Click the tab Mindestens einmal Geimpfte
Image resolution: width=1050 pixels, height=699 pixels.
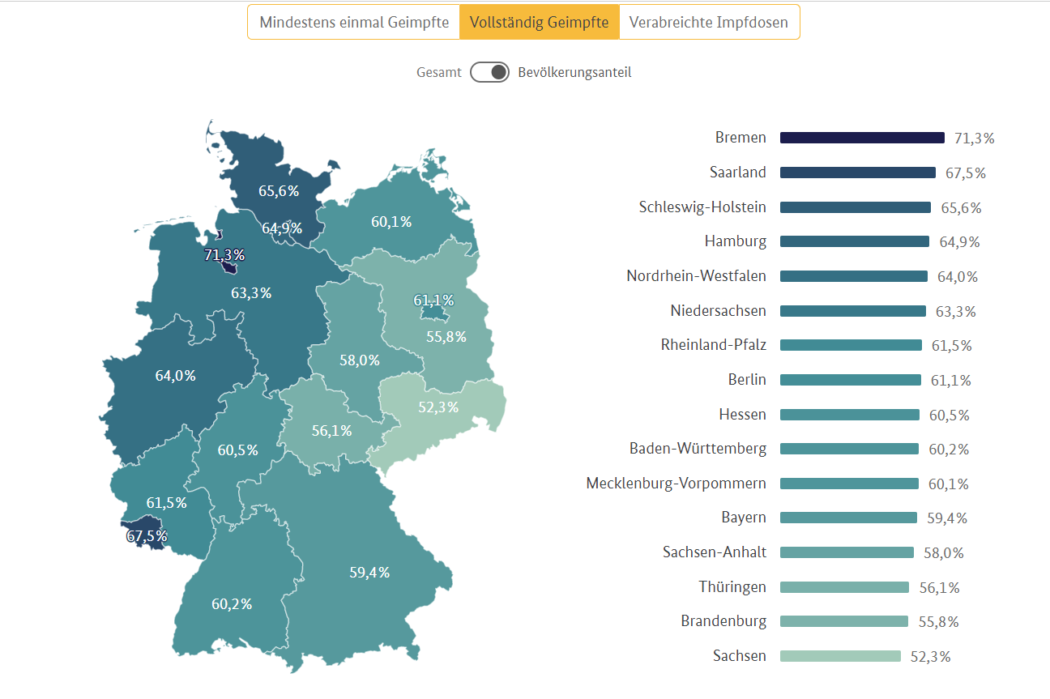[x=354, y=23]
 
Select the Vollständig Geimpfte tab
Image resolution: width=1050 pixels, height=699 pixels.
[x=539, y=23]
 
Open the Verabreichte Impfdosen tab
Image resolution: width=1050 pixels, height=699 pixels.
[x=709, y=23]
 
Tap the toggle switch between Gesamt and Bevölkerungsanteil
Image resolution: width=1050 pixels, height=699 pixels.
[x=489, y=72]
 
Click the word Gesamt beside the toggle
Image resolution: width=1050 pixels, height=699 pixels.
[x=439, y=72]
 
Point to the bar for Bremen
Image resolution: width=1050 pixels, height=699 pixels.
[x=862, y=138]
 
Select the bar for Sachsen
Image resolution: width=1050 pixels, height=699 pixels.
[x=840, y=656]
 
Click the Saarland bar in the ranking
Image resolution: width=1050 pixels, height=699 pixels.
[x=857, y=173]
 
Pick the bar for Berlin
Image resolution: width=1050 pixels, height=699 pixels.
[x=851, y=380]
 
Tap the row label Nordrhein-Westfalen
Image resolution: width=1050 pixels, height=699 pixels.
[x=696, y=276]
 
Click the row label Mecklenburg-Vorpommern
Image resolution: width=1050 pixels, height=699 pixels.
[x=676, y=484]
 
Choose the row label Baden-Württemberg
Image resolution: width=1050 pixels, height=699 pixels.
[x=698, y=449]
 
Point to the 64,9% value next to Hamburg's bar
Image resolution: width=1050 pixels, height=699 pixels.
[x=960, y=242]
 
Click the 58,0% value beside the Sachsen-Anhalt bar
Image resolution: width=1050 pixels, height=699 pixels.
[x=944, y=553]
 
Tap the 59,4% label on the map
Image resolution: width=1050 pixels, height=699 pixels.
[x=369, y=573]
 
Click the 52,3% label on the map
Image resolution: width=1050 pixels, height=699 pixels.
[x=438, y=407]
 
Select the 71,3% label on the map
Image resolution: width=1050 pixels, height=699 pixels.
[x=224, y=256]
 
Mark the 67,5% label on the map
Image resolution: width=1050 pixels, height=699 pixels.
[x=147, y=536]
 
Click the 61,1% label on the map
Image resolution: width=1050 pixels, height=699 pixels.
[x=433, y=300]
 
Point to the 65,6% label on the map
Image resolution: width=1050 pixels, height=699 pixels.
[x=279, y=191]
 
